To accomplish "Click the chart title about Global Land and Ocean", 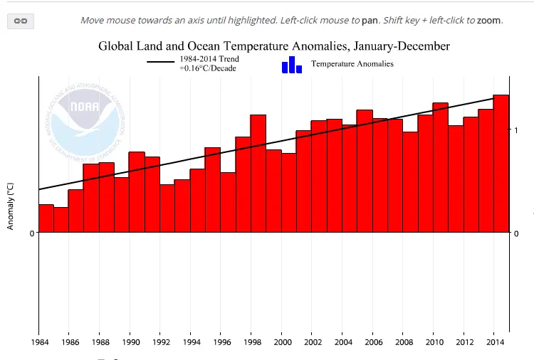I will pos(273,46).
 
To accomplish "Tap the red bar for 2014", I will pos(501,164).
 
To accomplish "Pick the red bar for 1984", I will pos(46,218).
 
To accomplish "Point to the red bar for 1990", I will pos(137,192).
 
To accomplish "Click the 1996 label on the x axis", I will pos(221,342).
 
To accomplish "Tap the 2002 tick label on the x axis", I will pos(312,342).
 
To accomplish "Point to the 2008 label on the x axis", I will pos(403,342).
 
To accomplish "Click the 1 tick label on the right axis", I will pos(515,130).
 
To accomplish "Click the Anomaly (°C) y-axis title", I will pos(10,206).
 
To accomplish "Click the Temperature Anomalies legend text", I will pos(352,64).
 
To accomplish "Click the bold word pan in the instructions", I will pos(370,20).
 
